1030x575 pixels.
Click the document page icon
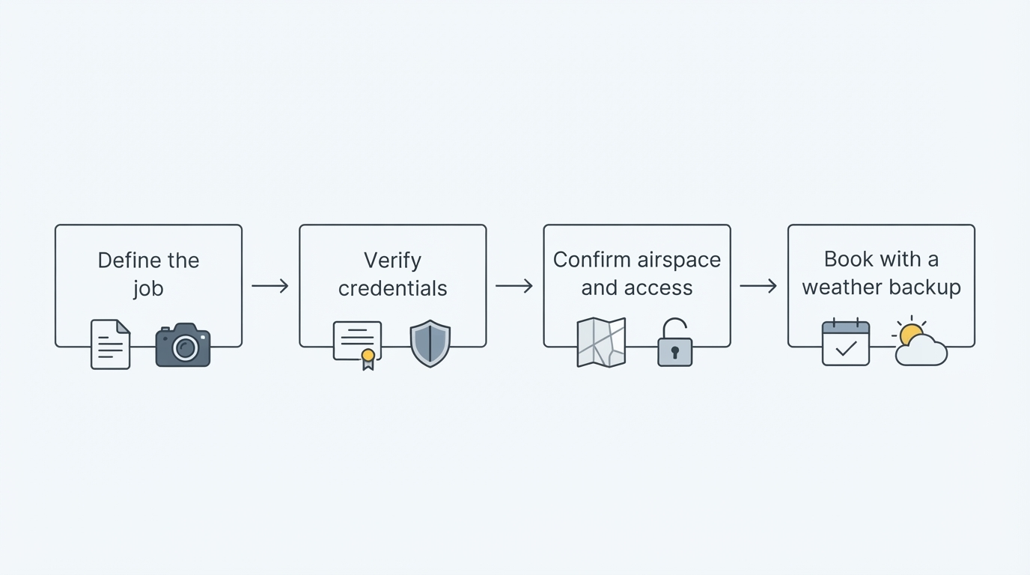point(110,344)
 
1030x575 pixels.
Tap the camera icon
point(183,345)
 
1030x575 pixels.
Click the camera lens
point(186,347)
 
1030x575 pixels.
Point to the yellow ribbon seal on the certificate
point(368,359)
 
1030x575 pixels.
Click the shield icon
point(430,344)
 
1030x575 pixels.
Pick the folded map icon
point(601,342)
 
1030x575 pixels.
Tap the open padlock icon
point(674,342)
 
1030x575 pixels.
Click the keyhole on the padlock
point(675,352)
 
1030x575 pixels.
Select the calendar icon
point(846,342)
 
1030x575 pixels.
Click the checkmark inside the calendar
point(846,348)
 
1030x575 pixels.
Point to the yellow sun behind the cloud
point(910,332)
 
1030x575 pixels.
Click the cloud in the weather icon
point(921,351)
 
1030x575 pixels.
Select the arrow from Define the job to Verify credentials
point(270,286)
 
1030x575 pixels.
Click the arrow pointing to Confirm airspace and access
point(514,286)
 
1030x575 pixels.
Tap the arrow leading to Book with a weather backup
point(758,286)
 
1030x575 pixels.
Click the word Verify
point(392,261)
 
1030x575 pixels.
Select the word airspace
point(679,261)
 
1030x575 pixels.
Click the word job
point(148,289)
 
